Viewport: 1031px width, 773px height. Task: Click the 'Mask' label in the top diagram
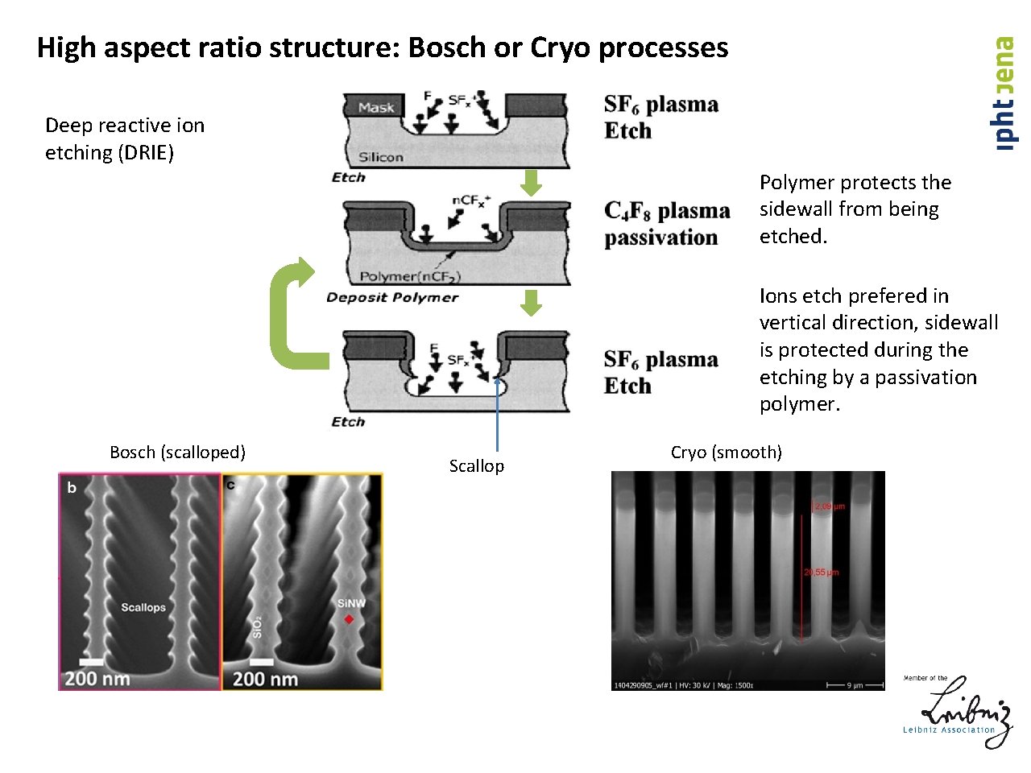tap(376, 107)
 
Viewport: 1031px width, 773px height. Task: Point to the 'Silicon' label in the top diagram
tap(380, 157)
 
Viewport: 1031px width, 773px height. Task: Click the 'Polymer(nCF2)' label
tap(410, 276)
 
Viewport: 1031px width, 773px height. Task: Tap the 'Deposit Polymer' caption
tap(392, 297)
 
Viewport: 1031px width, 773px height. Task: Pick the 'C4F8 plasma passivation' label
tap(667, 224)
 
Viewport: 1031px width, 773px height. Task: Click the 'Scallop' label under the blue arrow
tap(476, 466)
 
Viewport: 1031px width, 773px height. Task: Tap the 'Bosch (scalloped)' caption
tap(177, 453)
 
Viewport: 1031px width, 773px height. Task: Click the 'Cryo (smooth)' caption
tap(726, 453)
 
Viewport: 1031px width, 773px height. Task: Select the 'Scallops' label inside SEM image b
tap(143, 607)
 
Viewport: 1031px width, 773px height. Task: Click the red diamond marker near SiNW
tap(349, 619)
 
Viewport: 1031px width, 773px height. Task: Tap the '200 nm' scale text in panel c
tap(265, 679)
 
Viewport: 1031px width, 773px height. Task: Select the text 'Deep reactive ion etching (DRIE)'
tap(125, 138)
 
